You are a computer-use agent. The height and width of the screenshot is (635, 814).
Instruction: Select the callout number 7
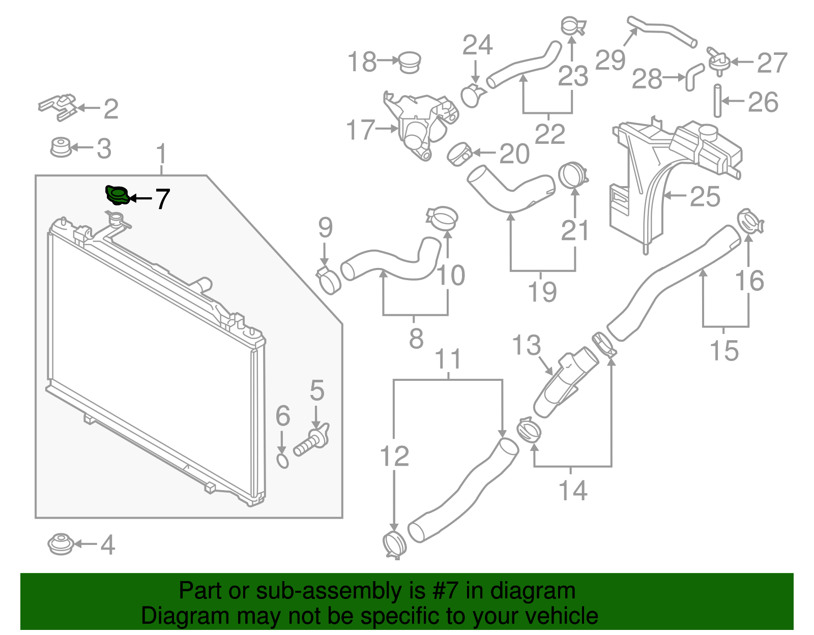click(162, 199)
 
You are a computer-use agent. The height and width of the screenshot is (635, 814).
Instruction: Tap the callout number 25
click(705, 196)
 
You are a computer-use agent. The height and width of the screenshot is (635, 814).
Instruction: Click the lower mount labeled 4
click(61, 544)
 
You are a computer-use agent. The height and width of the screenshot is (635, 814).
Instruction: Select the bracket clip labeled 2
click(58, 106)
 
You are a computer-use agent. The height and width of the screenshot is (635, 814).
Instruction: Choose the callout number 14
click(573, 491)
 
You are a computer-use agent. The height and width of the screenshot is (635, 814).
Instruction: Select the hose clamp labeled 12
click(394, 545)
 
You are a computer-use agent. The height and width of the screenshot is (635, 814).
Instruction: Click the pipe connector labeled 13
click(562, 386)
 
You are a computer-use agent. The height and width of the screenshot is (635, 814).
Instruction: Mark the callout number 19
click(542, 292)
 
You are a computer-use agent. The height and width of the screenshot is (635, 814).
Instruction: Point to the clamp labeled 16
click(750, 222)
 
